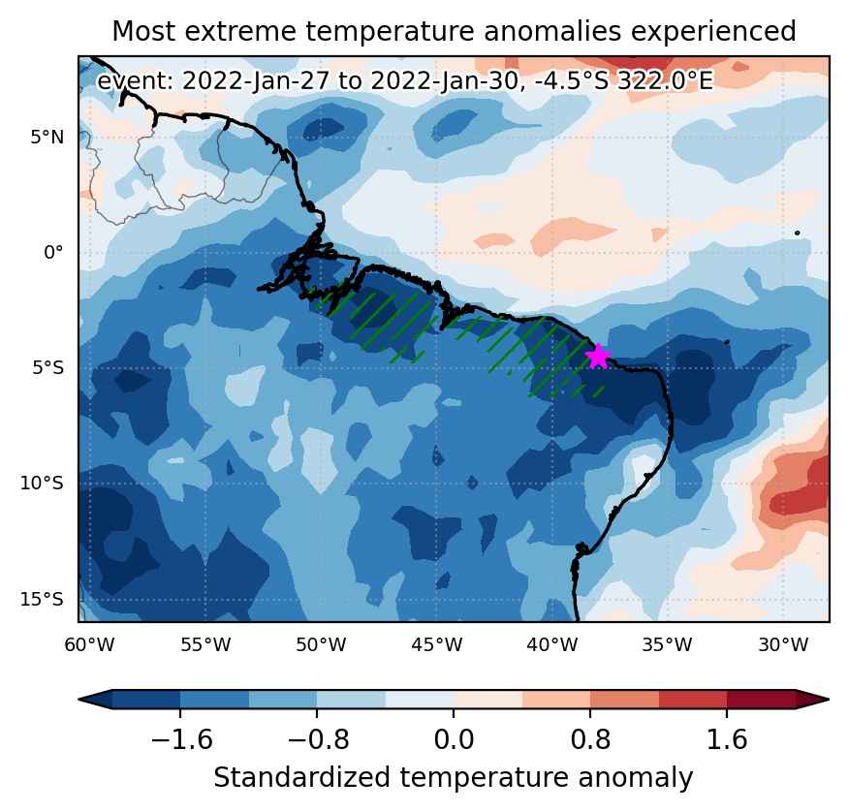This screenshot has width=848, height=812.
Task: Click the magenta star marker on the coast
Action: coord(598,357)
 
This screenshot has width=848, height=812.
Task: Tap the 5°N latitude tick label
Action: coord(47,138)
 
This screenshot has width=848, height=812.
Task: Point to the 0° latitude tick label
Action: coord(53,253)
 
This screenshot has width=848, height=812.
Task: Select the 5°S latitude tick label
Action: coord(47,368)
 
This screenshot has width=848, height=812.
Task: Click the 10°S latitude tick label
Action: coord(42,484)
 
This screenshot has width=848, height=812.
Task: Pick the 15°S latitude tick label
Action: coord(42,599)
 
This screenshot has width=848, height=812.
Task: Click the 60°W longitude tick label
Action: coord(89,645)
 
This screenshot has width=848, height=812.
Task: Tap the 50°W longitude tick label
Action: coord(321,645)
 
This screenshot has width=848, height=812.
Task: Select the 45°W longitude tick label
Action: coord(436,645)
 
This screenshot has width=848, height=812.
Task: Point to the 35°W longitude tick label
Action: coord(668,645)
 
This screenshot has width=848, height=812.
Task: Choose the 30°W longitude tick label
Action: coord(783,645)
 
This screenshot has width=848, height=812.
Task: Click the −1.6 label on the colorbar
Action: coord(182,739)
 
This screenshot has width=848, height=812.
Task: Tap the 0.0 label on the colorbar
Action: coord(454,739)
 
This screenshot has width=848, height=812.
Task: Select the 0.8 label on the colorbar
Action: coord(590,739)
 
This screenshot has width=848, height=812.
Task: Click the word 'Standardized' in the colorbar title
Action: coord(301,778)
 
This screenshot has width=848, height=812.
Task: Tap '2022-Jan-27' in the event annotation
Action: coord(256,81)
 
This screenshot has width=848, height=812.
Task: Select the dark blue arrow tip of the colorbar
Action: coord(95,699)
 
